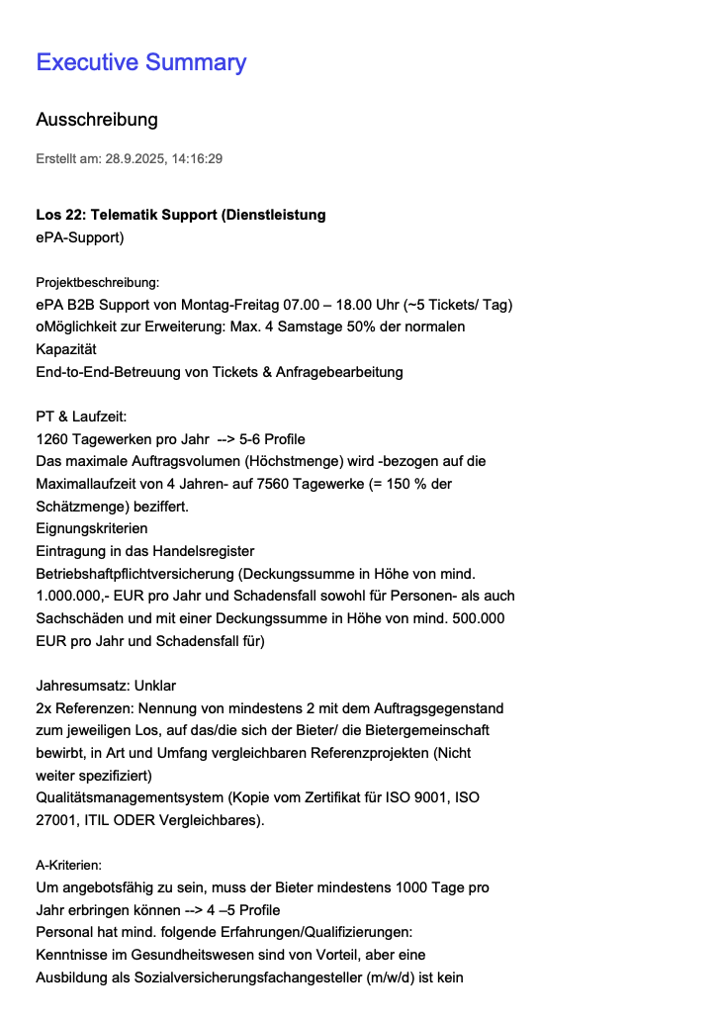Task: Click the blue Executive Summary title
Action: click(140, 62)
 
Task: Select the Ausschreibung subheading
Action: click(97, 120)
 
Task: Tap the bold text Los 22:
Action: click(60, 215)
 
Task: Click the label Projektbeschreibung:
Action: click(97, 283)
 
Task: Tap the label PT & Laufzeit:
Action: click(80, 418)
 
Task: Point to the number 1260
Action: click(52, 439)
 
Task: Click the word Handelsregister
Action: click(205, 551)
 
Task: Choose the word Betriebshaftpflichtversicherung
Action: click(138, 574)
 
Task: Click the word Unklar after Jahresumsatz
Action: click(155, 686)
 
